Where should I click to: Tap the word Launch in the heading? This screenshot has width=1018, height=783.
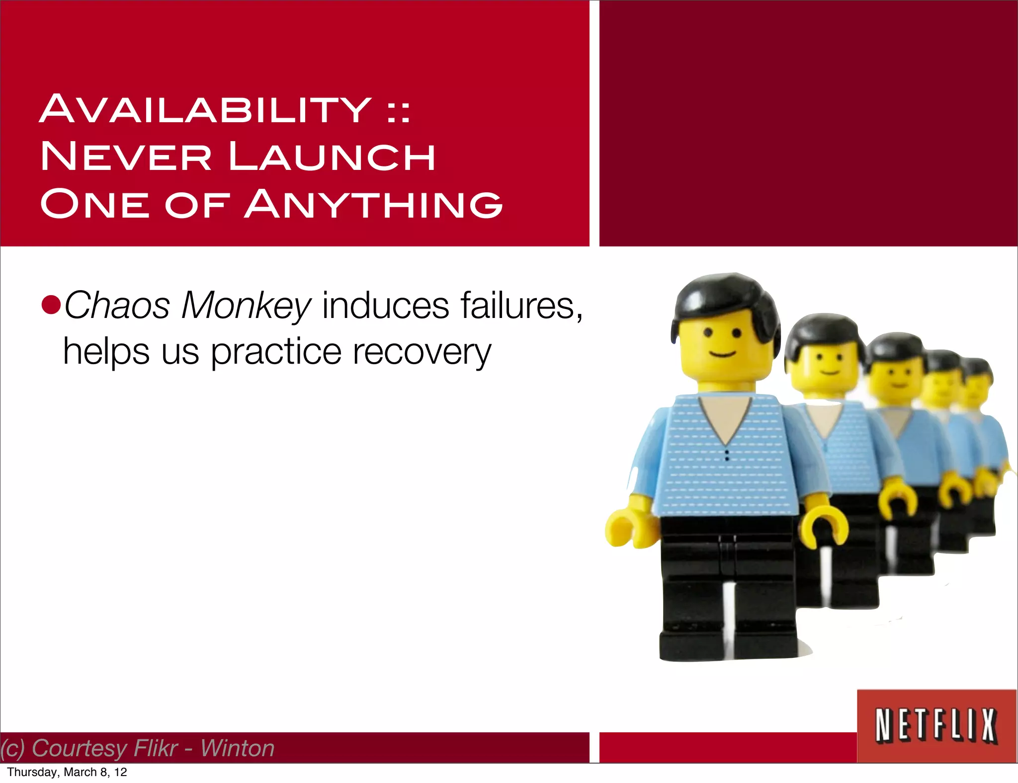[332, 157]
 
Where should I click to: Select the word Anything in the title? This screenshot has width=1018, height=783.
[373, 204]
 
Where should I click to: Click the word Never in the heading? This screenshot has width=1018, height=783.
[126, 157]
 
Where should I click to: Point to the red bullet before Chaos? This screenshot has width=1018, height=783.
[51, 305]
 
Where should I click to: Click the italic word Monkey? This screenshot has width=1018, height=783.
[246, 306]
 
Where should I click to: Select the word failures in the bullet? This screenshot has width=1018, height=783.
[521, 305]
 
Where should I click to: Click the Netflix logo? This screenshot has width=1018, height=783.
[936, 725]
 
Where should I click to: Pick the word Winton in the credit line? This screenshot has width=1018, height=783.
[237, 748]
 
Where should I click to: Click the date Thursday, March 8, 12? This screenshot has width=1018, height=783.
[67, 772]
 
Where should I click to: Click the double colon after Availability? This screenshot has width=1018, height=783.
[399, 112]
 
